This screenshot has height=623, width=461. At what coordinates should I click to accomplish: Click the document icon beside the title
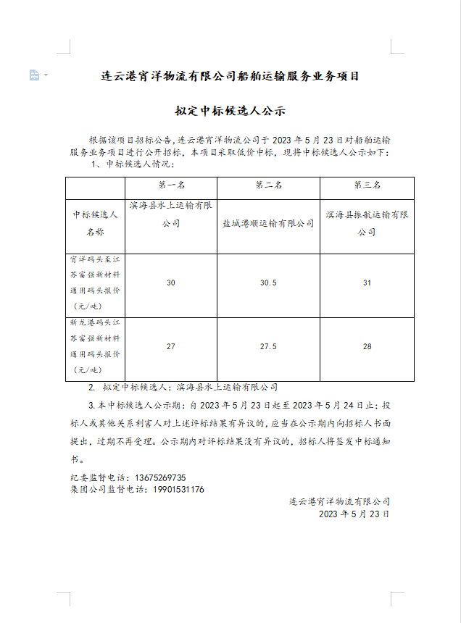[34, 75]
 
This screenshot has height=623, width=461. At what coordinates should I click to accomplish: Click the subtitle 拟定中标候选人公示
[230, 112]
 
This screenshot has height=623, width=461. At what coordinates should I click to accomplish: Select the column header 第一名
[171, 185]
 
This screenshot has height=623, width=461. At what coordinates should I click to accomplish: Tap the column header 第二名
[268, 185]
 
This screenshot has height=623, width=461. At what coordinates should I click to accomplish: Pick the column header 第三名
[367, 185]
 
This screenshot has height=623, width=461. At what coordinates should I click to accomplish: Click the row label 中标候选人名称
[95, 224]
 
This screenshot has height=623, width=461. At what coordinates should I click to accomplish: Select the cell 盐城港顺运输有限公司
[268, 224]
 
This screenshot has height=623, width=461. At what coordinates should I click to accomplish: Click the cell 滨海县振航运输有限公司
[367, 224]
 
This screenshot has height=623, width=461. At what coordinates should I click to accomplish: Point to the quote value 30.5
[268, 283]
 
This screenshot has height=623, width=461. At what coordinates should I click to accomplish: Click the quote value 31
[367, 283]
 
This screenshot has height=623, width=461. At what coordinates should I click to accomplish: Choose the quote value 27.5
[268, 347]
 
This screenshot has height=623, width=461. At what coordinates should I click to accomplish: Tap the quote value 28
[367, 347]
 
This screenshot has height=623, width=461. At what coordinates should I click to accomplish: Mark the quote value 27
[171, 347]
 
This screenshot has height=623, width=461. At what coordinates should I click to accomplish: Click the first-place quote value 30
[171, 283]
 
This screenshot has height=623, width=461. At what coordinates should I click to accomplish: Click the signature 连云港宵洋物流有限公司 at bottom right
[339, 501]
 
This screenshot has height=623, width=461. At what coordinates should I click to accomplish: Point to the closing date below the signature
[354, 514]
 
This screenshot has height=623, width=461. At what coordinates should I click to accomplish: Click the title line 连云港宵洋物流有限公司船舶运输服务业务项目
[230, 76]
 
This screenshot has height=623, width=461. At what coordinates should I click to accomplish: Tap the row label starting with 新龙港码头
[95, 347]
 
